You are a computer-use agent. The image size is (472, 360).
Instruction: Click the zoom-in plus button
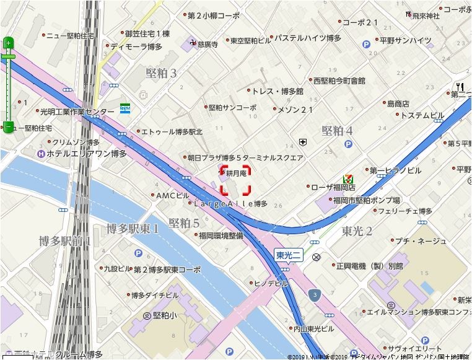point(8,43)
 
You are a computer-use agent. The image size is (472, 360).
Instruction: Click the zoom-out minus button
point(8,128)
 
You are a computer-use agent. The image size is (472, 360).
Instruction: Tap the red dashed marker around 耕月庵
point(235,180)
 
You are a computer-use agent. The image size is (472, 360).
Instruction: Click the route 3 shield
point(316,294)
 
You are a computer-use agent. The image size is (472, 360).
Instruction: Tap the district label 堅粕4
point(337,131)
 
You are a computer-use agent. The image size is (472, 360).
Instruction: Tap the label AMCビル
point(172,195)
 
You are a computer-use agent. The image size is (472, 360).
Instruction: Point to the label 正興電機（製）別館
point(369,266)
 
